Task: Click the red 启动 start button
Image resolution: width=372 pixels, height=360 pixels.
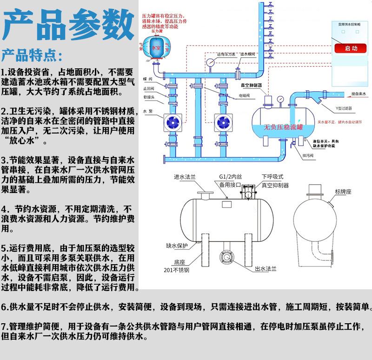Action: pos(352,48)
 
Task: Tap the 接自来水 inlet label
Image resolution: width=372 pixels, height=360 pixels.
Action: pos(359,94)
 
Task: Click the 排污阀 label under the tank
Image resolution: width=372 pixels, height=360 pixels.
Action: pos(307,155)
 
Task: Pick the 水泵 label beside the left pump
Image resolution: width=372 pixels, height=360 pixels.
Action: pos(148,112)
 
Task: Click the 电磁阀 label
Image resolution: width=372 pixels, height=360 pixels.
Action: pos(246,96)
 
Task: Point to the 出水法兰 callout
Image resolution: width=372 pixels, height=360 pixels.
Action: pos(266,269)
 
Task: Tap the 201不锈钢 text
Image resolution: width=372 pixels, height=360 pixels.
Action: pos(177,270)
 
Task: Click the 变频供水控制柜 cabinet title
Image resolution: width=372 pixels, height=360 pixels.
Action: pos(351,23)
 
